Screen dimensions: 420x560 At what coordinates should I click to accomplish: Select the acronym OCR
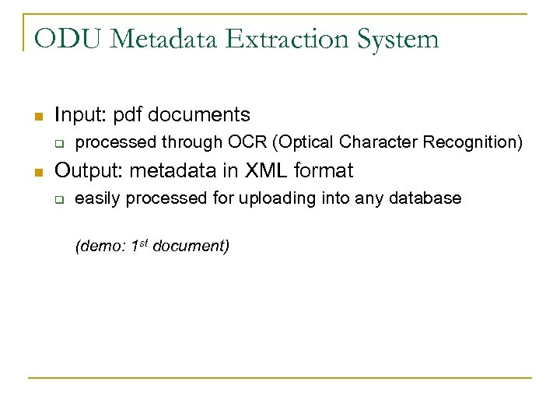(x=247, y=142)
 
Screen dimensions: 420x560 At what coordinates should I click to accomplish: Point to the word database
(x=426, y=198)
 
